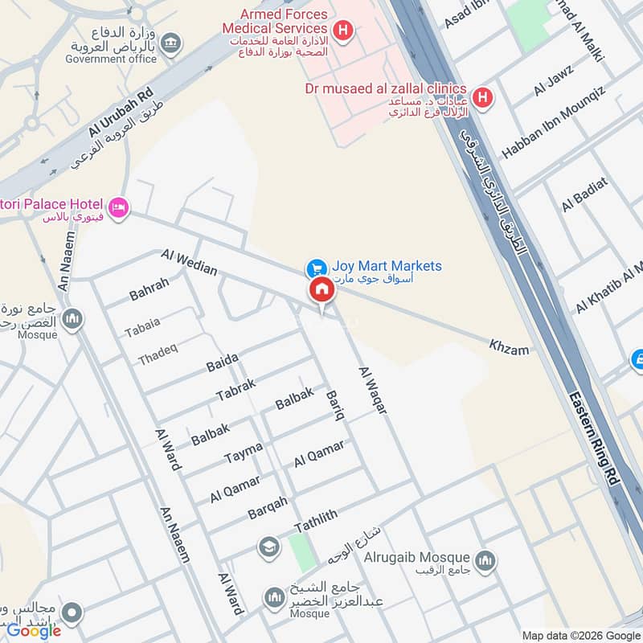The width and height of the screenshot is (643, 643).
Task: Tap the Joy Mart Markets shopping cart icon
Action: coord(316,267)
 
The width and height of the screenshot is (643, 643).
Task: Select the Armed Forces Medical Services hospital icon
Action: coord(344,31)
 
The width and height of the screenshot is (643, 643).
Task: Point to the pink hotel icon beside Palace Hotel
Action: coord(119,207)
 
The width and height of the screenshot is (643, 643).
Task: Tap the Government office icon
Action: coord(170,43)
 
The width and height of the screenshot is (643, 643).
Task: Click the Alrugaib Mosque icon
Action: coord(485,560)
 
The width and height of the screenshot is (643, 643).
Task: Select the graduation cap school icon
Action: coord(268,547)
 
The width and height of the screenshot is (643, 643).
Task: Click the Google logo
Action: coord(34,631)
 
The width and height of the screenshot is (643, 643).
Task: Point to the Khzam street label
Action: coord(510,347)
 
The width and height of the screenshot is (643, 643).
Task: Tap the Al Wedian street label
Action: coord(189,262)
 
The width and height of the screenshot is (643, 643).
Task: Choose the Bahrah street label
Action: coord(149,289)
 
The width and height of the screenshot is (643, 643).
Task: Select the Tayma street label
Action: coord(244,454)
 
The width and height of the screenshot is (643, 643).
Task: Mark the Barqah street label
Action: coord(268,508)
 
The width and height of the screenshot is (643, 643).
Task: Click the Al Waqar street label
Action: coord(373,391)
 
